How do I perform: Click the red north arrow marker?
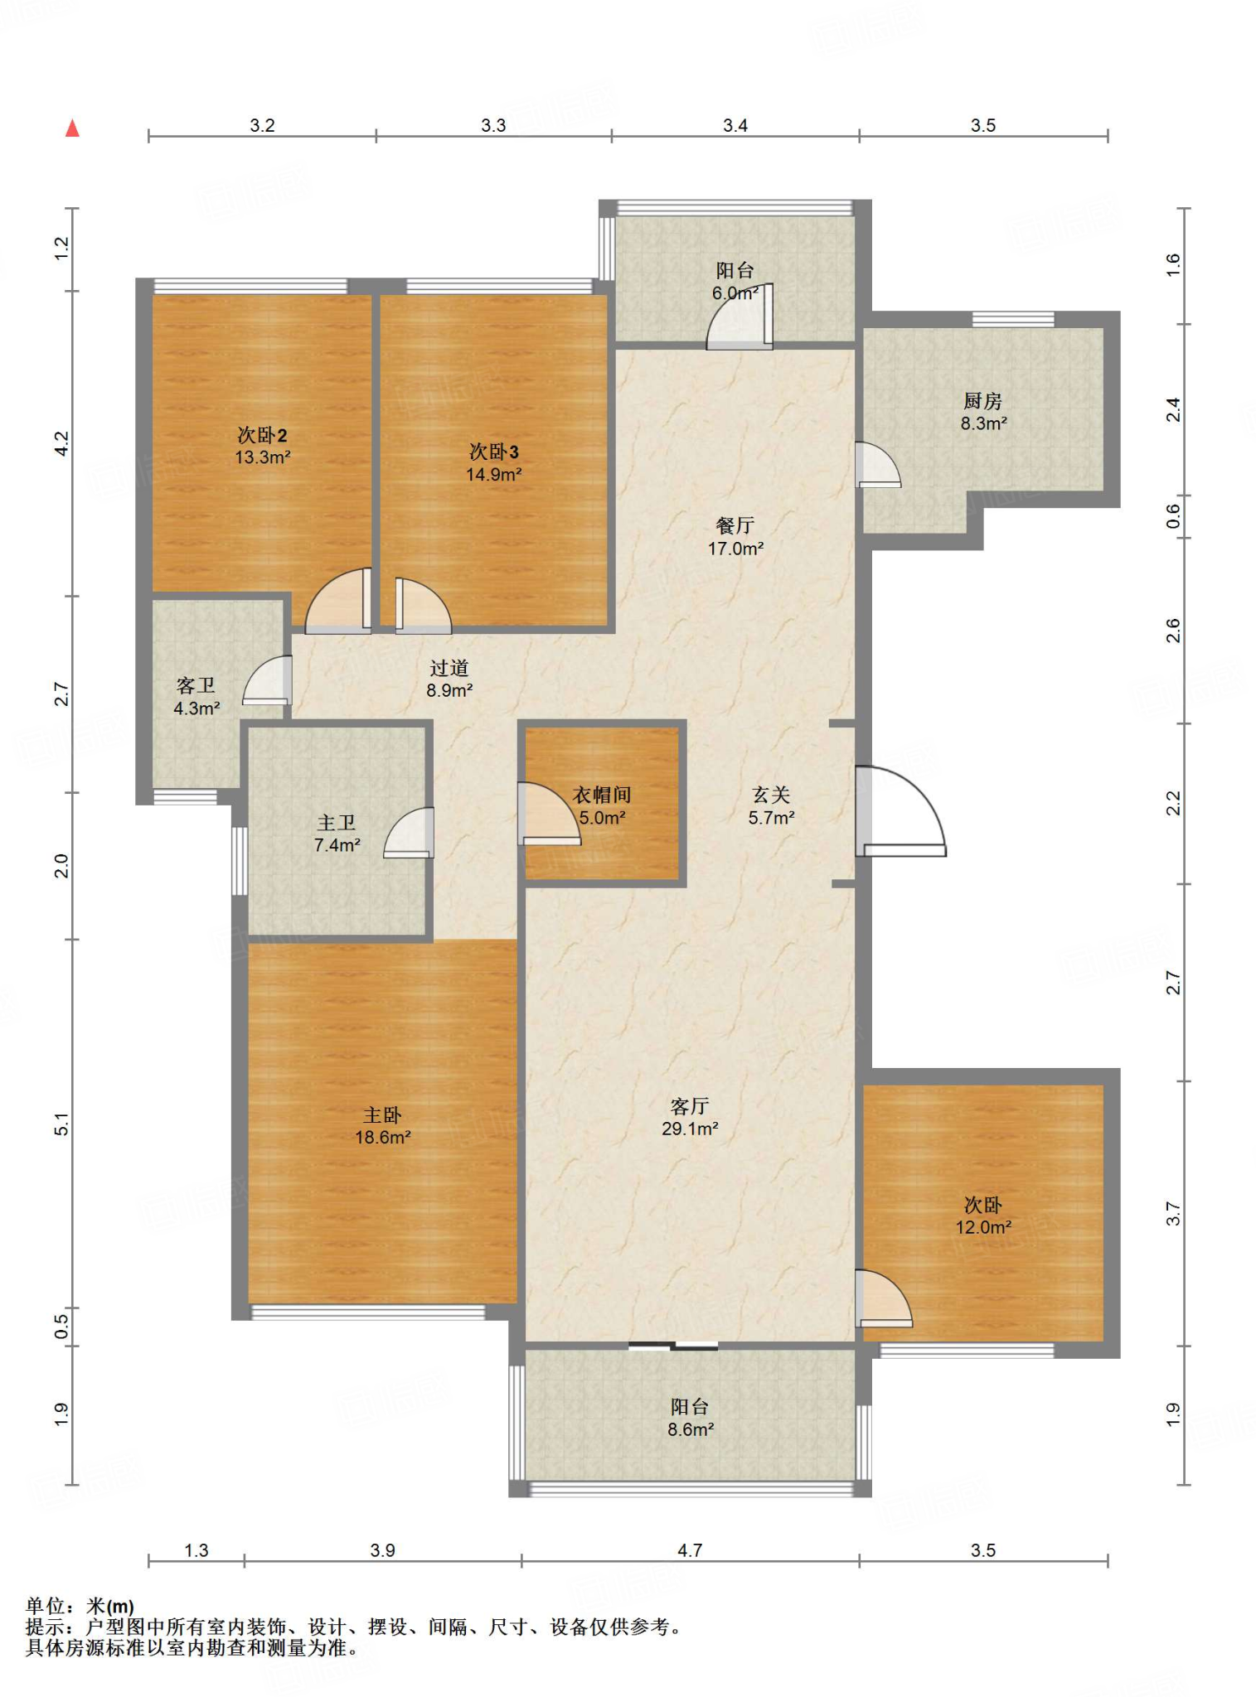[x=73, y=128]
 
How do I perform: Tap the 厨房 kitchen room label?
[x=982, y=401]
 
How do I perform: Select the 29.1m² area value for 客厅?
[x=690, y=1129]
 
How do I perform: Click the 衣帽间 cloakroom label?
[x=602, y=795]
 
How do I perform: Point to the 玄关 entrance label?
[x=771, y=795]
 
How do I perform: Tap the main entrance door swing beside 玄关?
[x=900, y=810]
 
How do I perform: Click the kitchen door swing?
[x=878, y=465]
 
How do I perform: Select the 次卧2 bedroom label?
[x=262, y=435]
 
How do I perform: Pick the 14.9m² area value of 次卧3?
[x=494, y=475]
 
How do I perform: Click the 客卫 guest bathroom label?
[x=196, y=685]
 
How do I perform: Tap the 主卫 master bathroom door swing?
[x=409, y=833]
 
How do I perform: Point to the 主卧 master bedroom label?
[x=382, y=1115]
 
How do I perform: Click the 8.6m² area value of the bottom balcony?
[x=691, y=1429]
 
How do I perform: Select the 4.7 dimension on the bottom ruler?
[x=690, y=1550]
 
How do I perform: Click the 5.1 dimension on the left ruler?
[x=61, y=1124]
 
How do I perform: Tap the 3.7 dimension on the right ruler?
[x=1172, y=1214]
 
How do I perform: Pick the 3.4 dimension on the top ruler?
[x=735, y=125]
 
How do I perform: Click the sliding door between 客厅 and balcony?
[x=673, y=1346]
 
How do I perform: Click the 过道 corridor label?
[x=449, y=668]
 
